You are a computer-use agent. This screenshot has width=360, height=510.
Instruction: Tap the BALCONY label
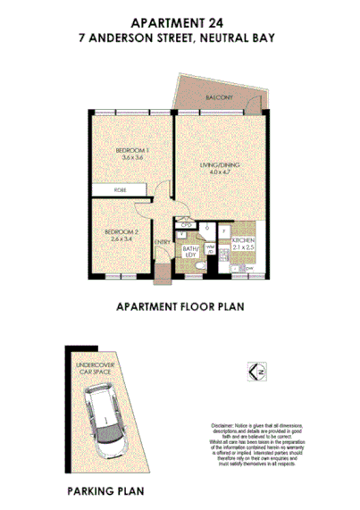point(218,96)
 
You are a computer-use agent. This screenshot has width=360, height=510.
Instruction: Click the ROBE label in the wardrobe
point(119,190)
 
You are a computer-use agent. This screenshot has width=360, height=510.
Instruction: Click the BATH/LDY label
point(189,252)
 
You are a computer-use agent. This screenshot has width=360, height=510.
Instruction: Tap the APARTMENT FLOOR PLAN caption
point(180,306)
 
